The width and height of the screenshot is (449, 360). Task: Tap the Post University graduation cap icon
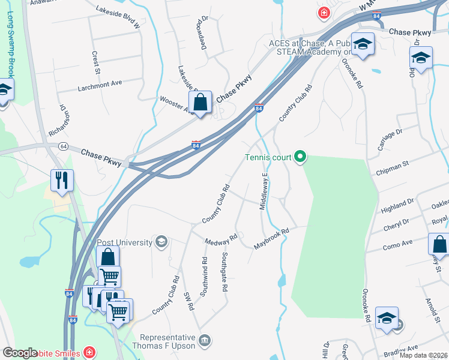[x=161, y=242]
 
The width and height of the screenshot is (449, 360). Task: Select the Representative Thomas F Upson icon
[x=205, y=341]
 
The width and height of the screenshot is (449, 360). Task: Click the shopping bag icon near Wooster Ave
[x=200, y=103]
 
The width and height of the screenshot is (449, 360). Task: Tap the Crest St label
[x=95, y=59]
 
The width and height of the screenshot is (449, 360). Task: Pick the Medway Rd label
[x=221, y=239]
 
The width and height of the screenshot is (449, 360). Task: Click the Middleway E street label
[x=263, y=191]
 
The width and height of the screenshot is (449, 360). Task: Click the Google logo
[x=19, y=353]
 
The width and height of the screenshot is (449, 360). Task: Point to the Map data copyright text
[x=423, y=355]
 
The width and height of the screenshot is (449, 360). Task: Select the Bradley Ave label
[x=405, y=348]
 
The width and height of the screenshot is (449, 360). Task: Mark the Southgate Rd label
[x=224, y=271]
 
